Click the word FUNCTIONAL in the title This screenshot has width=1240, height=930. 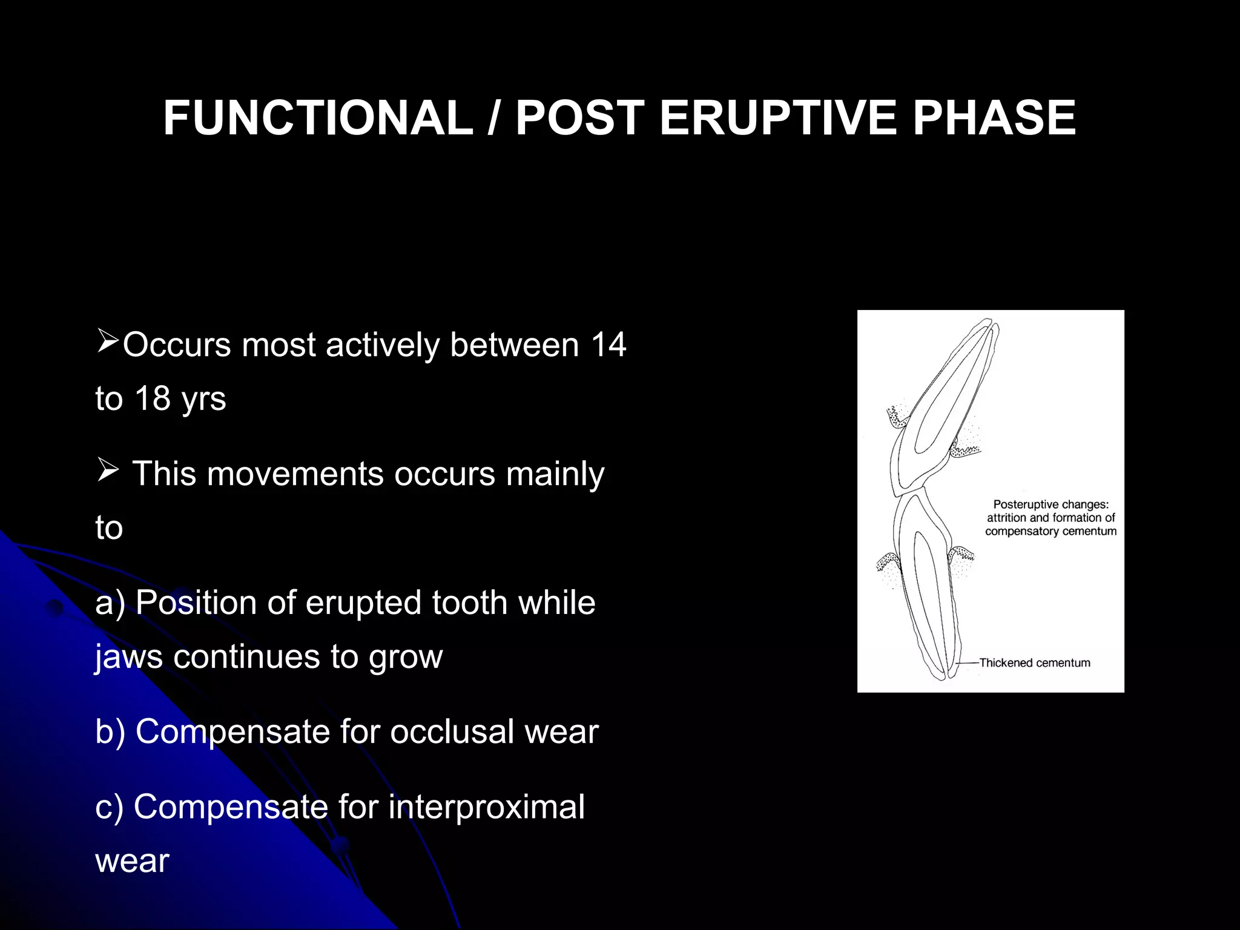[318, 118]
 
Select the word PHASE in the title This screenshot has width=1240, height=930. [994, 118]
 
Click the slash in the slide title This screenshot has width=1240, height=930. [493, 118]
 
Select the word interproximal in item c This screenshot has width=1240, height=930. [486, 807]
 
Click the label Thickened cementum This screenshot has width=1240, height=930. [1034, 663]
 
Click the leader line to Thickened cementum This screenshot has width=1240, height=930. [968, 663]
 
